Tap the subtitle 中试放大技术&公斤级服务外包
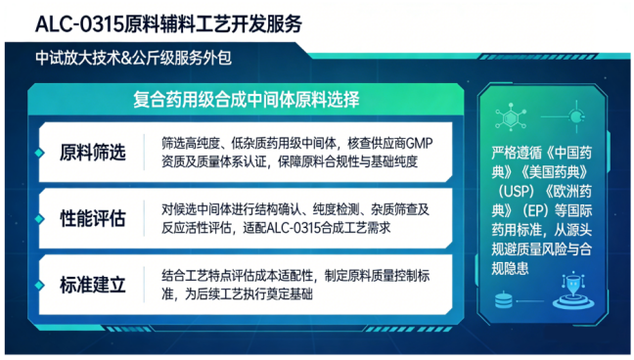pos(131,57)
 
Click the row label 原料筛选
pos(93,152)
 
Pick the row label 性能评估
pos(93,217)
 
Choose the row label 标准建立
pos(93,285)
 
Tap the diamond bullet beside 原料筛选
pos(38,152)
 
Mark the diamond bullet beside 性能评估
pos(38,217)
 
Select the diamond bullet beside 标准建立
pos(38,285)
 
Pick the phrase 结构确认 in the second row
pos(283,209)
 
